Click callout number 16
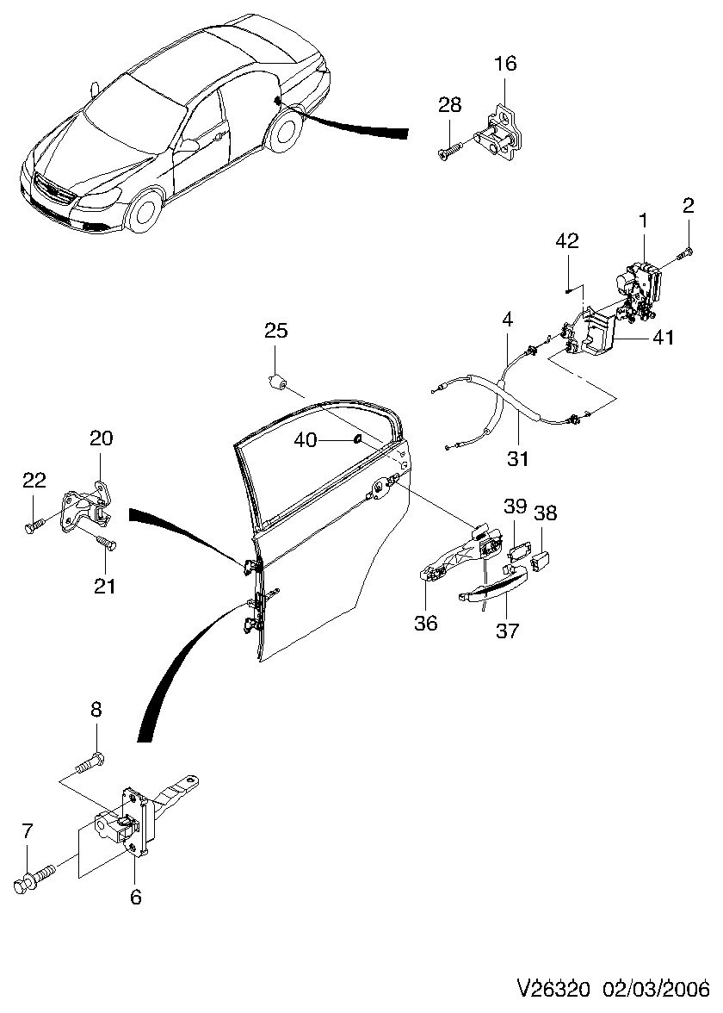coord(505,64)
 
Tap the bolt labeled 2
coord(685,254)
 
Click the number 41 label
coord(663,339)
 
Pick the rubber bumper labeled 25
coord(279,380)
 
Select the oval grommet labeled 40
coord(354,441)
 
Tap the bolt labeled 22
coord(33,525)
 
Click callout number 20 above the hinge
coord(102,438)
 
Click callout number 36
coord(426,621)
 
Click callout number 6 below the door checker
coord(135,897)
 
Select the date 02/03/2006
coord(656,986)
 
